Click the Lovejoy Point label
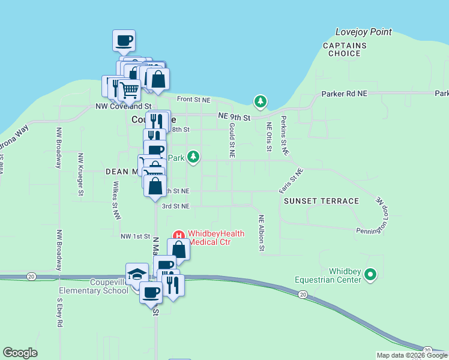coord(364,32)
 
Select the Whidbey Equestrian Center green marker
coord(370,275)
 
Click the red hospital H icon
coord(178,234)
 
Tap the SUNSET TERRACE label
coord(321,201)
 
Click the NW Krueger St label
coord(80,174)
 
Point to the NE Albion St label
coord(261,232)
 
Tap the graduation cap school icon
coord(137,274)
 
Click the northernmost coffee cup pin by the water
coord(124,41)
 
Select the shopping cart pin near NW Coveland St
coord(129,90)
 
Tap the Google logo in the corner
coord(20,353)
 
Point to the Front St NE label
coord(193,100)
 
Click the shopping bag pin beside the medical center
coord(178,249)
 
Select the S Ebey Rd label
coord(59,312)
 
